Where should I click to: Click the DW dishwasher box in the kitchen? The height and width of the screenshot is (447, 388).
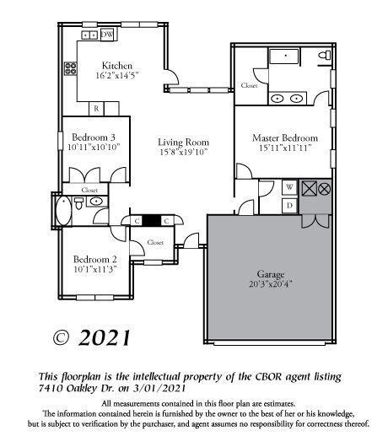coord(107,35)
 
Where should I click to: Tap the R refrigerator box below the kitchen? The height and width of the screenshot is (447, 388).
coord(97,108)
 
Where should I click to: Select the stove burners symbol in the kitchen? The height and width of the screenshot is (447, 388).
coord(89,35)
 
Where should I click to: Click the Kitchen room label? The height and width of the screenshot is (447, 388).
coord(116,65)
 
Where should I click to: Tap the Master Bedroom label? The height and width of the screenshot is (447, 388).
coord(284,137)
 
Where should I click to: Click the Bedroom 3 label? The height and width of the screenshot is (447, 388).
coord(93,137)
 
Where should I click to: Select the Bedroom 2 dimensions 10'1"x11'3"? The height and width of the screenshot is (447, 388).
coord(94,269)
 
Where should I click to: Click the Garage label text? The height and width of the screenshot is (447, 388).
coord(271,275)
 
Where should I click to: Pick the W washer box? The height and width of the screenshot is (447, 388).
coord(288,187)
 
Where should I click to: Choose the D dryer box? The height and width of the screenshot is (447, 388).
coord(288,205)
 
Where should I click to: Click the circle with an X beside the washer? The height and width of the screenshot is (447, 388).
coord(324,187)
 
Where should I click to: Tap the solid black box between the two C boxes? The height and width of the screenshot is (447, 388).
coord(151,221)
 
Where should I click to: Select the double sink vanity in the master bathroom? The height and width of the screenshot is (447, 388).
coord(288,99)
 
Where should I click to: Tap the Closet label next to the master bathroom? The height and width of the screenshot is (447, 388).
coord(250,85)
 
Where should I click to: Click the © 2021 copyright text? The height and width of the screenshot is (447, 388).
coord(92,338)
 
